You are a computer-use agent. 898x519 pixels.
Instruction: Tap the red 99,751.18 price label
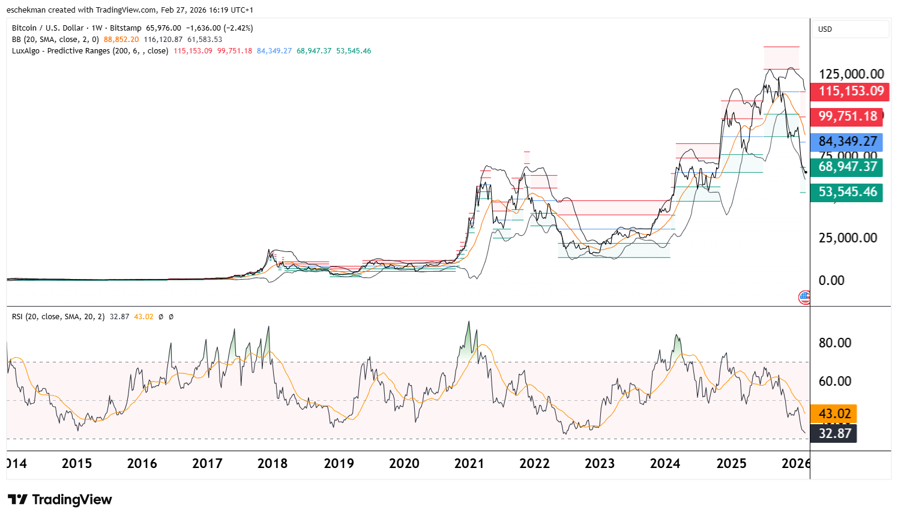coord(846,116)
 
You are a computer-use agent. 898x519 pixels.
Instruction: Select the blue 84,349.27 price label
coord(846,142)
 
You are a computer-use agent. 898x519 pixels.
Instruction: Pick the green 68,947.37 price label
coord(846,167)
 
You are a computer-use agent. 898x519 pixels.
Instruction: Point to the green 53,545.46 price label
coord(846,192)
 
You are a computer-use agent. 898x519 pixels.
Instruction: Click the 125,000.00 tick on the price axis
coord(851,74)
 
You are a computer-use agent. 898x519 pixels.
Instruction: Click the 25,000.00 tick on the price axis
coord(848,238)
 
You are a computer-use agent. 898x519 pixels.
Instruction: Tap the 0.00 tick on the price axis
coord(831,280)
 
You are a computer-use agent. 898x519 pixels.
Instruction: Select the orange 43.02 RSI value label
coord(834,413)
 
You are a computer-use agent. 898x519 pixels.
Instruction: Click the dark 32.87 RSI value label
coord(834,433)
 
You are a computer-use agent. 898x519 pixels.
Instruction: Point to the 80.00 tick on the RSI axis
coord(835,343)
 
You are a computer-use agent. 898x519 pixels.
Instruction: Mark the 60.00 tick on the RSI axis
coord(835,381)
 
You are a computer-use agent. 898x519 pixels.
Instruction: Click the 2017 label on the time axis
coord(207,463)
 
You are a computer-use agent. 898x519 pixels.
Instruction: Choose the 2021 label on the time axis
coord(469,463)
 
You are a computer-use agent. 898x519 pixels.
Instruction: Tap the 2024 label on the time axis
coord(664,463)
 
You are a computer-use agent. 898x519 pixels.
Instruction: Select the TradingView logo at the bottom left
coord(60,500)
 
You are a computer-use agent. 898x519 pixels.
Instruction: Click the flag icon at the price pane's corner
coord(804,297)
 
